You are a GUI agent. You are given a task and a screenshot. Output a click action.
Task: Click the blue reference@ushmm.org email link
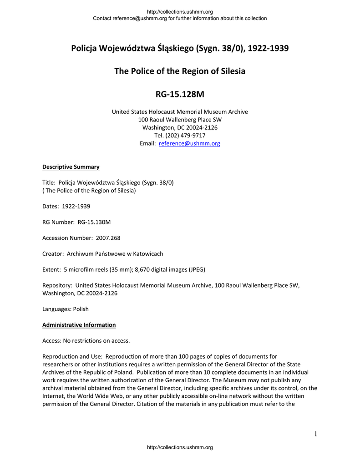pos(189,143)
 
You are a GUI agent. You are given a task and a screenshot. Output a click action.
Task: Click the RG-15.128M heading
pos(180,95)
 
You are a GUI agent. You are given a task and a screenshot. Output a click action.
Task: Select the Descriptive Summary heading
pos(71,167)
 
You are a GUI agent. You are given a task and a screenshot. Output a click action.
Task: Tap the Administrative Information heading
pos(79,325)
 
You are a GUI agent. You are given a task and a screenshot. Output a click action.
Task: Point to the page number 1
pos(315,434)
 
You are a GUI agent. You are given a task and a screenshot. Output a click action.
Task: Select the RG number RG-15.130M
pos(94,222)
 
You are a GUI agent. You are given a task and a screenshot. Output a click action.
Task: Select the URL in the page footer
pos(180,448)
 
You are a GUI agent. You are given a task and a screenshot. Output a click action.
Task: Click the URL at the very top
pos(180,12)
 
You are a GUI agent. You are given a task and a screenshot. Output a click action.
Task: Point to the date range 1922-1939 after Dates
pos(76,206)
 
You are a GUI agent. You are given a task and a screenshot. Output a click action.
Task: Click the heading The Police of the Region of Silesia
pos(180,71)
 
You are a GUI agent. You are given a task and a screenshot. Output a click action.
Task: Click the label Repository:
pos(57,285)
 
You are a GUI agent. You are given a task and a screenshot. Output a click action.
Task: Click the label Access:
pos(52,341)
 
